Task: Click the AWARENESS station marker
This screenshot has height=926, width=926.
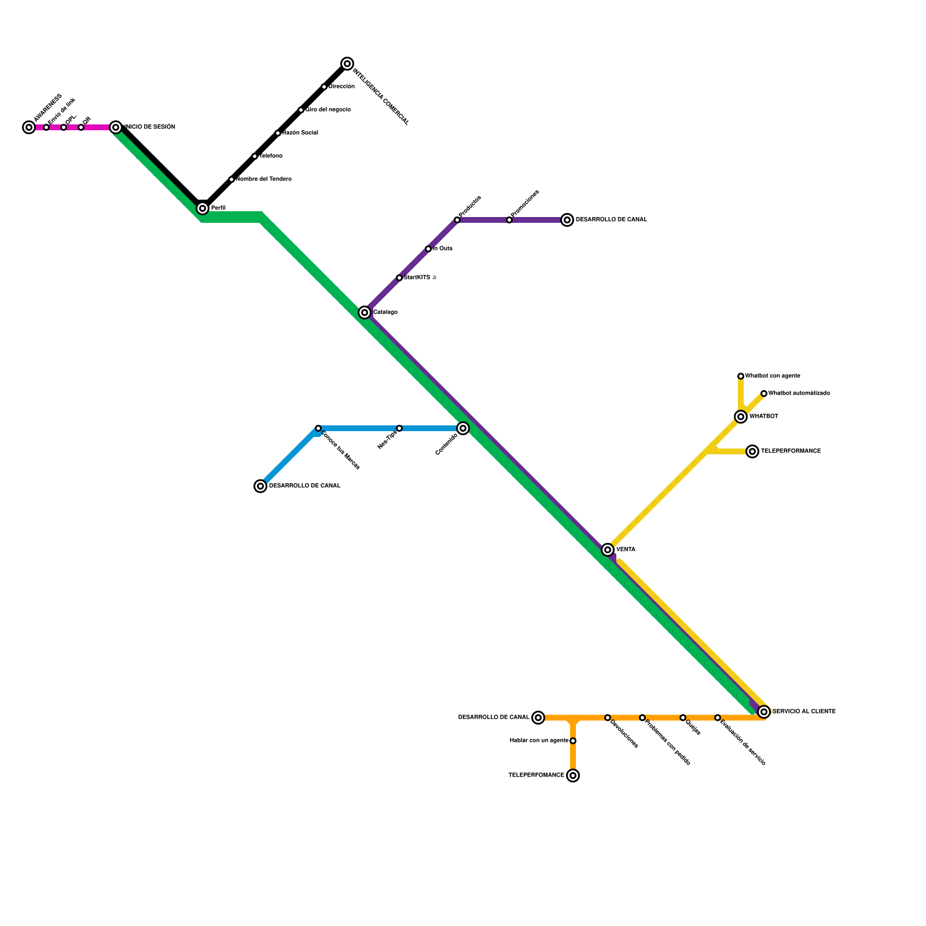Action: coord(29,127)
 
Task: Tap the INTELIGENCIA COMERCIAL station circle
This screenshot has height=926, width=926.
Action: coord(347,64)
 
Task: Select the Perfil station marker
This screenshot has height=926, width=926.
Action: coord(203,208)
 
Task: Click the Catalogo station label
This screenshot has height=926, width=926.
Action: coord(385,313)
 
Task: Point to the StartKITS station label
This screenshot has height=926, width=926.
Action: coord(420,278)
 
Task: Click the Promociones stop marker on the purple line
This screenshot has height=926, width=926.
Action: coord(509,220)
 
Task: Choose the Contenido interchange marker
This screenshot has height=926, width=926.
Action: coord(463,428)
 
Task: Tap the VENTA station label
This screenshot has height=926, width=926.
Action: coord(626,550)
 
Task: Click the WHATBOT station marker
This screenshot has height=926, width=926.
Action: coord(741,417)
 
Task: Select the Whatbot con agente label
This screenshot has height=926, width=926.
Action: coord(773,376)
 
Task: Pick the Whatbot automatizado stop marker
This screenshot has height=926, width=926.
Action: coord(764,394)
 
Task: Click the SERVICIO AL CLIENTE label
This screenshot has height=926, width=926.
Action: coord(804,712)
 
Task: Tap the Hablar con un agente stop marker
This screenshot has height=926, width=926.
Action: coord(573,741)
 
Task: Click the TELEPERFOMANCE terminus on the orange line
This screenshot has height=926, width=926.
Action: coord(573,776)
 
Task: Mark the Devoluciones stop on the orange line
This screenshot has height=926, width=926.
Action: coord(608,718)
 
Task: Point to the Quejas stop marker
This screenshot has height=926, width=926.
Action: coord(683,718)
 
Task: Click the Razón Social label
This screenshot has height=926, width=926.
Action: coord(300,133)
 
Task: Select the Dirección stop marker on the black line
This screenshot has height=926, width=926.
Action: coord(324,87)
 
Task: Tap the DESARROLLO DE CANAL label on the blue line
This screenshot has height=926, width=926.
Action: coord(305,486)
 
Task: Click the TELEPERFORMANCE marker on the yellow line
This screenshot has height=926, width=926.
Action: coord(752,451)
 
